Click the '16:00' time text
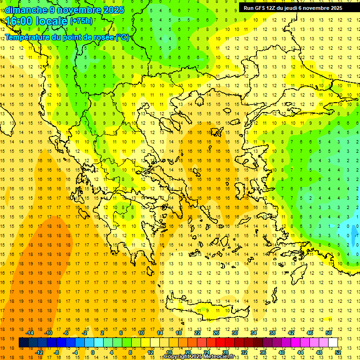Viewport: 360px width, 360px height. pos(21,21)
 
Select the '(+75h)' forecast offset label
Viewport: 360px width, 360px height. pos(81,21)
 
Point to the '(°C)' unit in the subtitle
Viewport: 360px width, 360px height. pos(122,37)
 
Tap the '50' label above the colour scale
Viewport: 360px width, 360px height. pos(329,333)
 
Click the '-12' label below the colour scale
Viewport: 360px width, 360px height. pos(39,352)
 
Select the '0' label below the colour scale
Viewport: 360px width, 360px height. pos(92,352)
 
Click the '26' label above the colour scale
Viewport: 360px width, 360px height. pos(216,333)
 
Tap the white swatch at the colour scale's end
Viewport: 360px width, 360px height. pos(333,343)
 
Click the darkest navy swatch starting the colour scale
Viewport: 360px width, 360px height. pos(23,343)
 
